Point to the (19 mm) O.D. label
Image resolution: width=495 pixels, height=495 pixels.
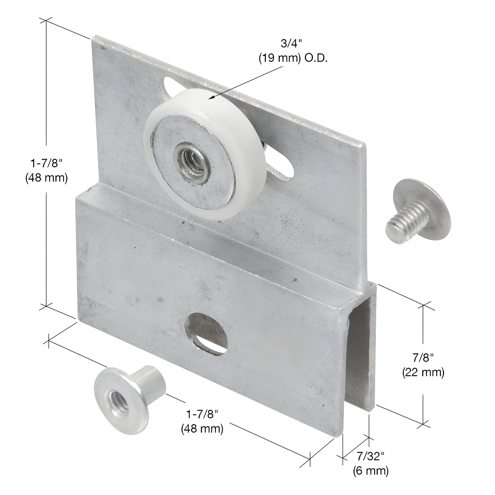pyautogui.click(x=293, y=59)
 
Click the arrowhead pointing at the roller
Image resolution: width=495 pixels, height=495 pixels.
pyautogui.click(x=212, y=98)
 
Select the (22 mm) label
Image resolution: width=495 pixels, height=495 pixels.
pyautogui.click(x=423, y=373)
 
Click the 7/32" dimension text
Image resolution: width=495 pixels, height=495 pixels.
pyautogui.click(x=370, y=456)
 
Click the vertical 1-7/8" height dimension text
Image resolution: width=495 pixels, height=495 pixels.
pyautogui.click(x=46, y=163)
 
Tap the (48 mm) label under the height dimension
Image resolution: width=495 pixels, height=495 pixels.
pyautogui.click(x=46, y=178)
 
